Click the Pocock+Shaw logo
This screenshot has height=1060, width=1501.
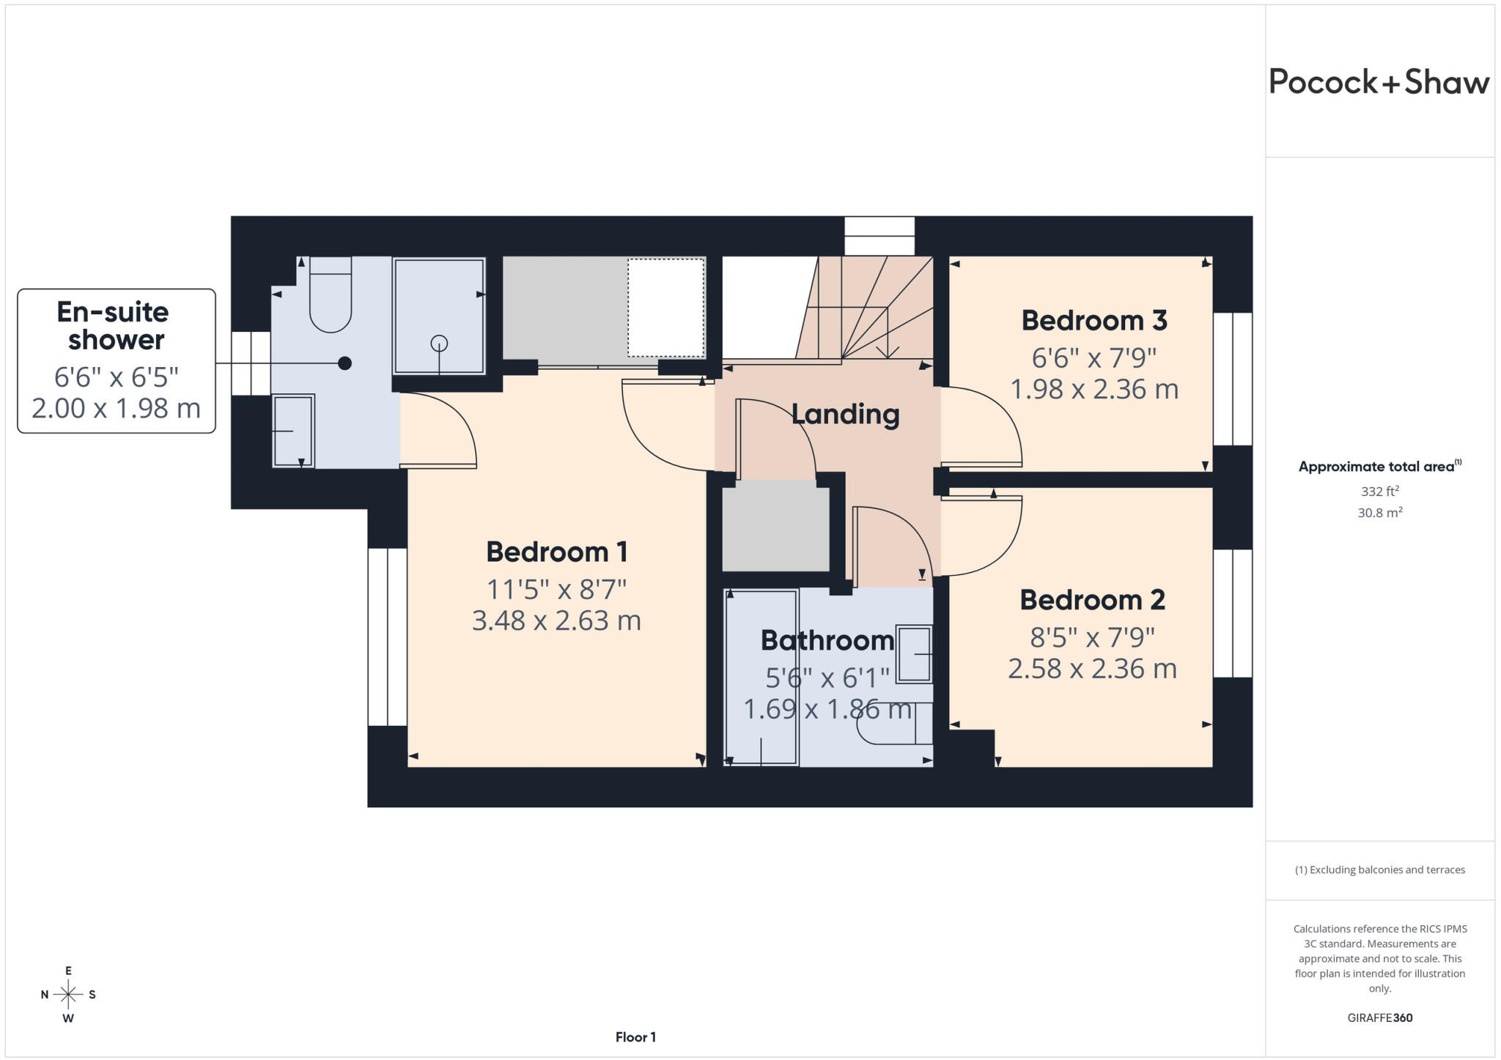(1379, 82)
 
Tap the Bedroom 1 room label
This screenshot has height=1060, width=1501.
(557, 552)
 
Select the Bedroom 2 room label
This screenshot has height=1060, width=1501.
(1092, 600)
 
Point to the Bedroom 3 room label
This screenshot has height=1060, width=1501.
(1094, 320)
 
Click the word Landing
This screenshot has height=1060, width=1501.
(845, 415)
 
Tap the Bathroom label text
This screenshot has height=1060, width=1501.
(827, 640)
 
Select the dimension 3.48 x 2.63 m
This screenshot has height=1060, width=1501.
(556, 620)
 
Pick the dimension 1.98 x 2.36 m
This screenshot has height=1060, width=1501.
(1094, 389)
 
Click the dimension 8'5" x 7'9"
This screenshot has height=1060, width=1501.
(1092, 637)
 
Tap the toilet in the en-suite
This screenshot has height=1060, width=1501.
(331, 294)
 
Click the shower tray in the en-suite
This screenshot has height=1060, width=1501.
(439, 316)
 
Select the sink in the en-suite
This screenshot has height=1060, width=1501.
(293, 431)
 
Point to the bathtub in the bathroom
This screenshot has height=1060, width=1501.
(761, 678)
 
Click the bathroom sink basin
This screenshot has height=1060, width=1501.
(914, 654)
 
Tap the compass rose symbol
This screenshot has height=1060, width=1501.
(68, 994)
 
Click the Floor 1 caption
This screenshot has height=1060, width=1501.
(635, 1037)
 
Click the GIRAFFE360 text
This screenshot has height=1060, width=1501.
(1380, 1018)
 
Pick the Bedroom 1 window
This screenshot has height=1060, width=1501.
(387, 637)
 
